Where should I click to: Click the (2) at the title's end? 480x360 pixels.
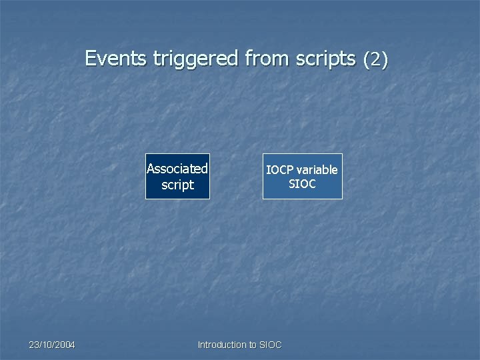point(375,60)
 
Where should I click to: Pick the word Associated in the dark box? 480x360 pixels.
point(177,169)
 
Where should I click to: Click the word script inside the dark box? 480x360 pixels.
point(177,185)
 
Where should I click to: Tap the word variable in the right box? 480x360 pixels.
point(317,170)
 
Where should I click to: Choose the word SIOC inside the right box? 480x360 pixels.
point(302,184)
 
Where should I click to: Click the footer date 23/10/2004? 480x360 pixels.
point(52,345)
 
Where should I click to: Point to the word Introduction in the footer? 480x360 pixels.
point(222,345)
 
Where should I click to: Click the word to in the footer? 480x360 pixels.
point(253,345)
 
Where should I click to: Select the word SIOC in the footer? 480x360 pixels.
point(271,345)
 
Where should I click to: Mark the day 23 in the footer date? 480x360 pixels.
point(33,345)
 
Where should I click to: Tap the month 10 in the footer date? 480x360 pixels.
point(47,345)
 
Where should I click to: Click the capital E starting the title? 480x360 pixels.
point(91,59)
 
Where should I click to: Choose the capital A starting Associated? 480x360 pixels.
point(151,169)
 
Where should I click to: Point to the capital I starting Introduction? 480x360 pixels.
point(199,345)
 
